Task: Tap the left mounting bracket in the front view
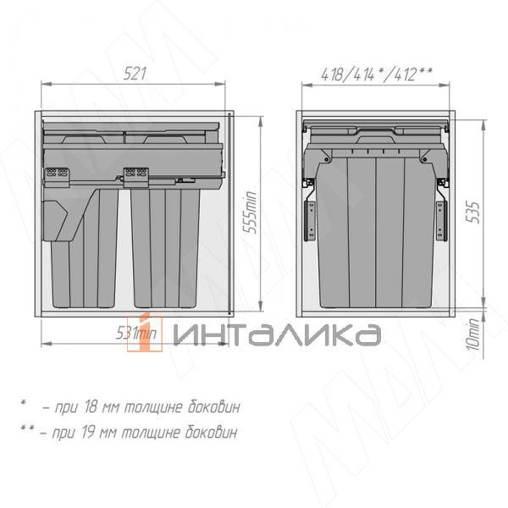[x=311, y=218]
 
